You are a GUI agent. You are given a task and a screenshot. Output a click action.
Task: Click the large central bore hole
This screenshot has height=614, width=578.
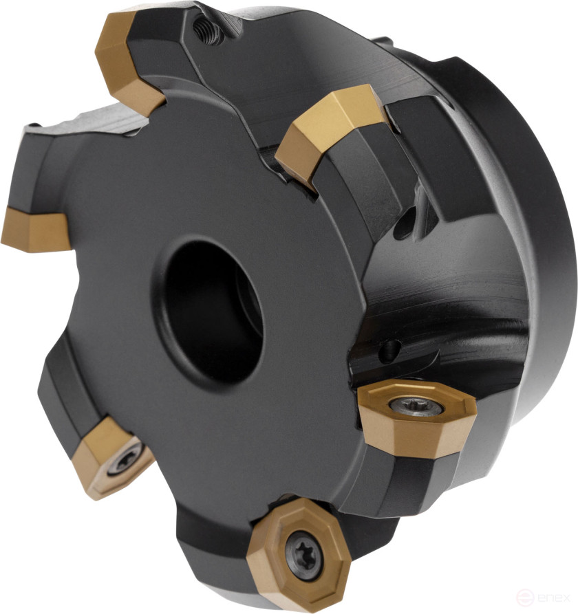coord(210,303)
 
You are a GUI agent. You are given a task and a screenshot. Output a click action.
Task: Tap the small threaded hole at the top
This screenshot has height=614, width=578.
coord(204,29)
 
